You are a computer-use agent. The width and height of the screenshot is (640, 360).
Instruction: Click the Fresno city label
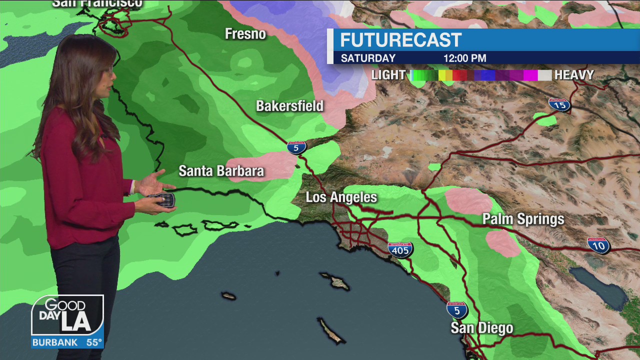(x=245, y=34)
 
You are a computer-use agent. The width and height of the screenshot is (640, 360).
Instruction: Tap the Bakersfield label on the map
(x=289, y=106)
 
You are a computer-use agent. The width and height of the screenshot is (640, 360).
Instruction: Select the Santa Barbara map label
(x=221, y=171)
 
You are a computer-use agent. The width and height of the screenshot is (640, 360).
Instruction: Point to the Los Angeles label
(x=341, y=197)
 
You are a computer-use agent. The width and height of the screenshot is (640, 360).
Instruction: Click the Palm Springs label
(x=523, y=219)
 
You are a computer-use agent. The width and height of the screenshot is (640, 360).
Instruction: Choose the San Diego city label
(x=481, y=328)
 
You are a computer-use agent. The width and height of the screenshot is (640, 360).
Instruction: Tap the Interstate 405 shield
(x=400, y=249)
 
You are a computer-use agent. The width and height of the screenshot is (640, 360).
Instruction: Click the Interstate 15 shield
(x=559, y=104)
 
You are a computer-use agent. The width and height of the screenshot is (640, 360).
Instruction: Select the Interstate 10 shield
(x=598, y=245)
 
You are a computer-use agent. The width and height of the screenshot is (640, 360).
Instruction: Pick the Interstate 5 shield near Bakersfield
(x=296, y=147)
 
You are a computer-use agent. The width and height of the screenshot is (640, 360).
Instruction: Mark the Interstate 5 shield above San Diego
(x=456, y=310)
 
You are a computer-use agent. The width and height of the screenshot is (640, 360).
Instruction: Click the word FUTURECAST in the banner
(x=400, y=40)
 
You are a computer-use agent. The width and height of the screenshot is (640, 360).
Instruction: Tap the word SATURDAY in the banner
(x=368, y=58)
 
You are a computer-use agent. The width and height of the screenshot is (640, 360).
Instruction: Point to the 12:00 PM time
(x=464, y=58)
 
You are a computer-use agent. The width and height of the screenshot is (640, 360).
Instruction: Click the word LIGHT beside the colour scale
(x=388, y=75)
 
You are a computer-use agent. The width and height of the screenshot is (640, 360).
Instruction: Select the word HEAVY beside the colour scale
(x=574, y=75)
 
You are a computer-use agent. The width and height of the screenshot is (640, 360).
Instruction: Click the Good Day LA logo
(x=67, y=315)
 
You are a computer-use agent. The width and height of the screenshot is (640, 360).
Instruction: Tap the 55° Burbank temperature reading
(x=94, y=342)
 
